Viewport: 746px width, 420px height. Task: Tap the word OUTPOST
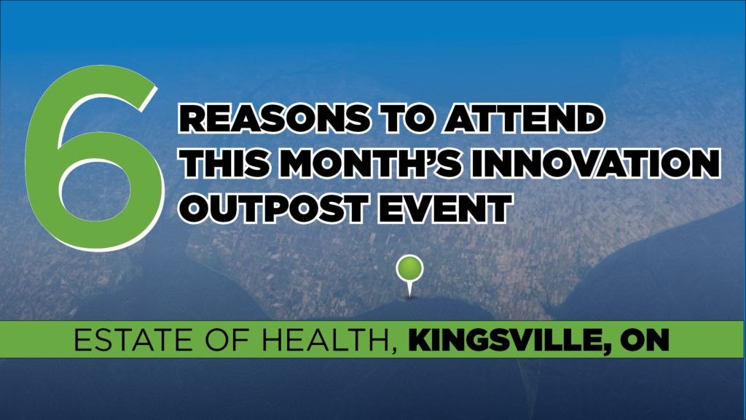pos(273,208)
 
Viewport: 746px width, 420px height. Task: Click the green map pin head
pos(409,268)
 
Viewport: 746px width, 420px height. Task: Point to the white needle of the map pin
pos(409,289)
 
